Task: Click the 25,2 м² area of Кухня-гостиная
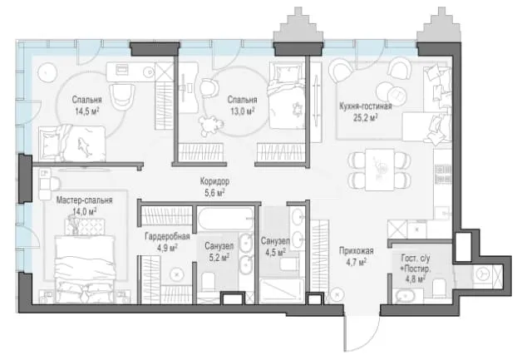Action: (365, 117)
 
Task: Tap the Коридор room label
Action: (214, 181)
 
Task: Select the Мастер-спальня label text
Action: (84, 200)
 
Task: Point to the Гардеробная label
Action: (167, 237)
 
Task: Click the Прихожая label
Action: (357, 251)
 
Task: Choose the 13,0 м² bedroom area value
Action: (243, 111)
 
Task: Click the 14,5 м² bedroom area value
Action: (86, 111)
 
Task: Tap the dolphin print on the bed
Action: (84, 147)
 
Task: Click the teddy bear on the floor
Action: (211, 125)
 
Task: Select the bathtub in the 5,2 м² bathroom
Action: (225, 219)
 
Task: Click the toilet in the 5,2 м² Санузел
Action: (209, 281)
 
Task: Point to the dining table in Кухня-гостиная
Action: (380, 170)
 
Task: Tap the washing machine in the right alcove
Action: (483, 274)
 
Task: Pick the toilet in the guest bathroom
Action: (440, 288)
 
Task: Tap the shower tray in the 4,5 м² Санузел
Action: (282, 291)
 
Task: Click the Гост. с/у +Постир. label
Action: (415, 269)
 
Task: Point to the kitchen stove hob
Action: (443, 174)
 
